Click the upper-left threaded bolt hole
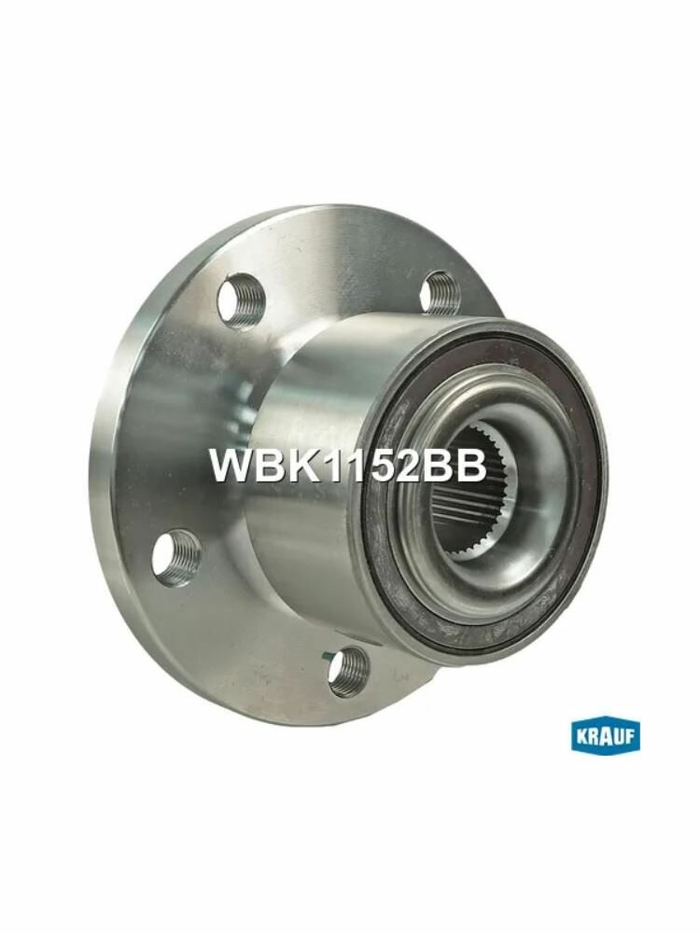pyautogui.click(x=241, y=301)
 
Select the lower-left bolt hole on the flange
pyautogui.click(x=176, y=559)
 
